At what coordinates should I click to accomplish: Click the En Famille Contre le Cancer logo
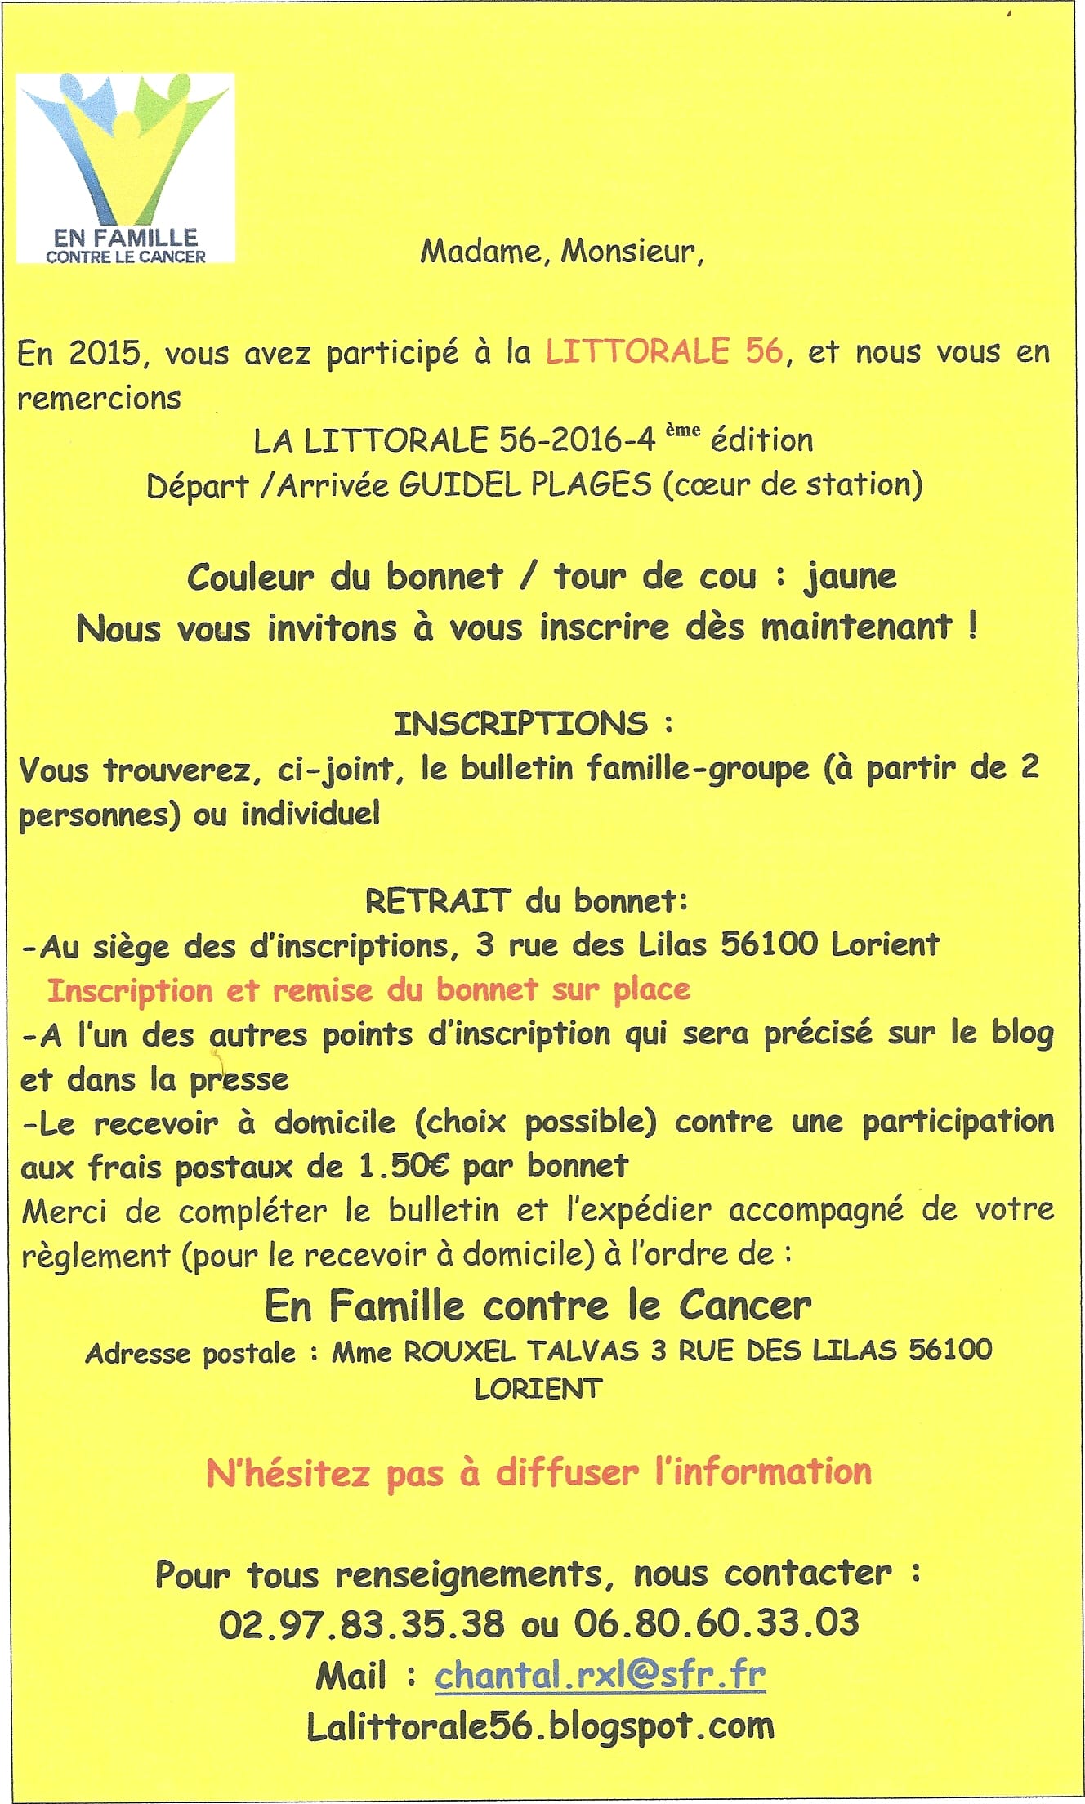[x=126, y=168]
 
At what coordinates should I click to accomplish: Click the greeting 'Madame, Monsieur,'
[x=561, y=251]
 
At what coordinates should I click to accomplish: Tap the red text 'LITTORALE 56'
[x=664, y=352]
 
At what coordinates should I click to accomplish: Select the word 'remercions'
[x=99, y=399]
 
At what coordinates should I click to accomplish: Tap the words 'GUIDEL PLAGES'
[x=525, y=485]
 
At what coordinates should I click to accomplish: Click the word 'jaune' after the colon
[x=851, y=577]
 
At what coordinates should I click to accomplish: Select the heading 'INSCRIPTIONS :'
[x=534, y=724]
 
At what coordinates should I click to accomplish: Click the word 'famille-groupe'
[x=698, y=769]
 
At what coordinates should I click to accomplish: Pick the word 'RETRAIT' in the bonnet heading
[x=438, y=901]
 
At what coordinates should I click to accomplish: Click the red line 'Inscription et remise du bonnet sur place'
[x=368, y=990]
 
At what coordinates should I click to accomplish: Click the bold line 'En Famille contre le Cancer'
[x=538, y=1306]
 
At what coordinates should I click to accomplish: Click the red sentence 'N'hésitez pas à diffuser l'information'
[x=538, y=1472]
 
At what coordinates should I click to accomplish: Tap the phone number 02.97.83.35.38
[x=361, y=1623]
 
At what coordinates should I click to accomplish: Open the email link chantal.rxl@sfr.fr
[x=600, y=1675]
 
